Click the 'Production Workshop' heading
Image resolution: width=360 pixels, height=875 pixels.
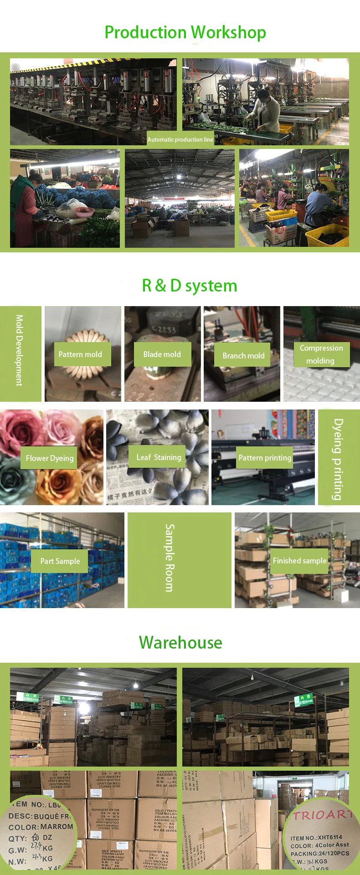pos(185,32)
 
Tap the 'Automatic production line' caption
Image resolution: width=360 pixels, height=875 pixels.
pos(180,139)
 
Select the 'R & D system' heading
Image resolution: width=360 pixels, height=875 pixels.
pos(190,286)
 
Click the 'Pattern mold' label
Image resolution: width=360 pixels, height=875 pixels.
pos(80,354)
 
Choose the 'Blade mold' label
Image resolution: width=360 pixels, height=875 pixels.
pos(162,354)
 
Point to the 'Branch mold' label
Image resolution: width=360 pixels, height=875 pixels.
pos(243,355)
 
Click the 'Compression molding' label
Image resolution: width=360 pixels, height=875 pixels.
pos(321,354)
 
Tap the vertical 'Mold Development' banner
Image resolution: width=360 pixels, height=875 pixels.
pos(19,350)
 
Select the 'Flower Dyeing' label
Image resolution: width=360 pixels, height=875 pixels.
pos(49,458)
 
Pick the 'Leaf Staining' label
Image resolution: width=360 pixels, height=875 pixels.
pos(159,457)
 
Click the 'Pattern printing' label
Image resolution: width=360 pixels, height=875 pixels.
pos(265,458)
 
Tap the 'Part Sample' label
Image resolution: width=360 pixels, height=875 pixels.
pos(60,561)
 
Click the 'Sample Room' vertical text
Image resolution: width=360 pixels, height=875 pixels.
pos(170,558)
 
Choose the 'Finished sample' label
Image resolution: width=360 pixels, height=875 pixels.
pos(299,561)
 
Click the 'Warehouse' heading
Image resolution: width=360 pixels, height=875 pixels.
pos(180,642)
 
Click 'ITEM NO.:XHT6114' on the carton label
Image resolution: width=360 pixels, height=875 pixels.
pos(316,837)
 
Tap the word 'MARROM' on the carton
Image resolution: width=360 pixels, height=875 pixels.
pos(57,826)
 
